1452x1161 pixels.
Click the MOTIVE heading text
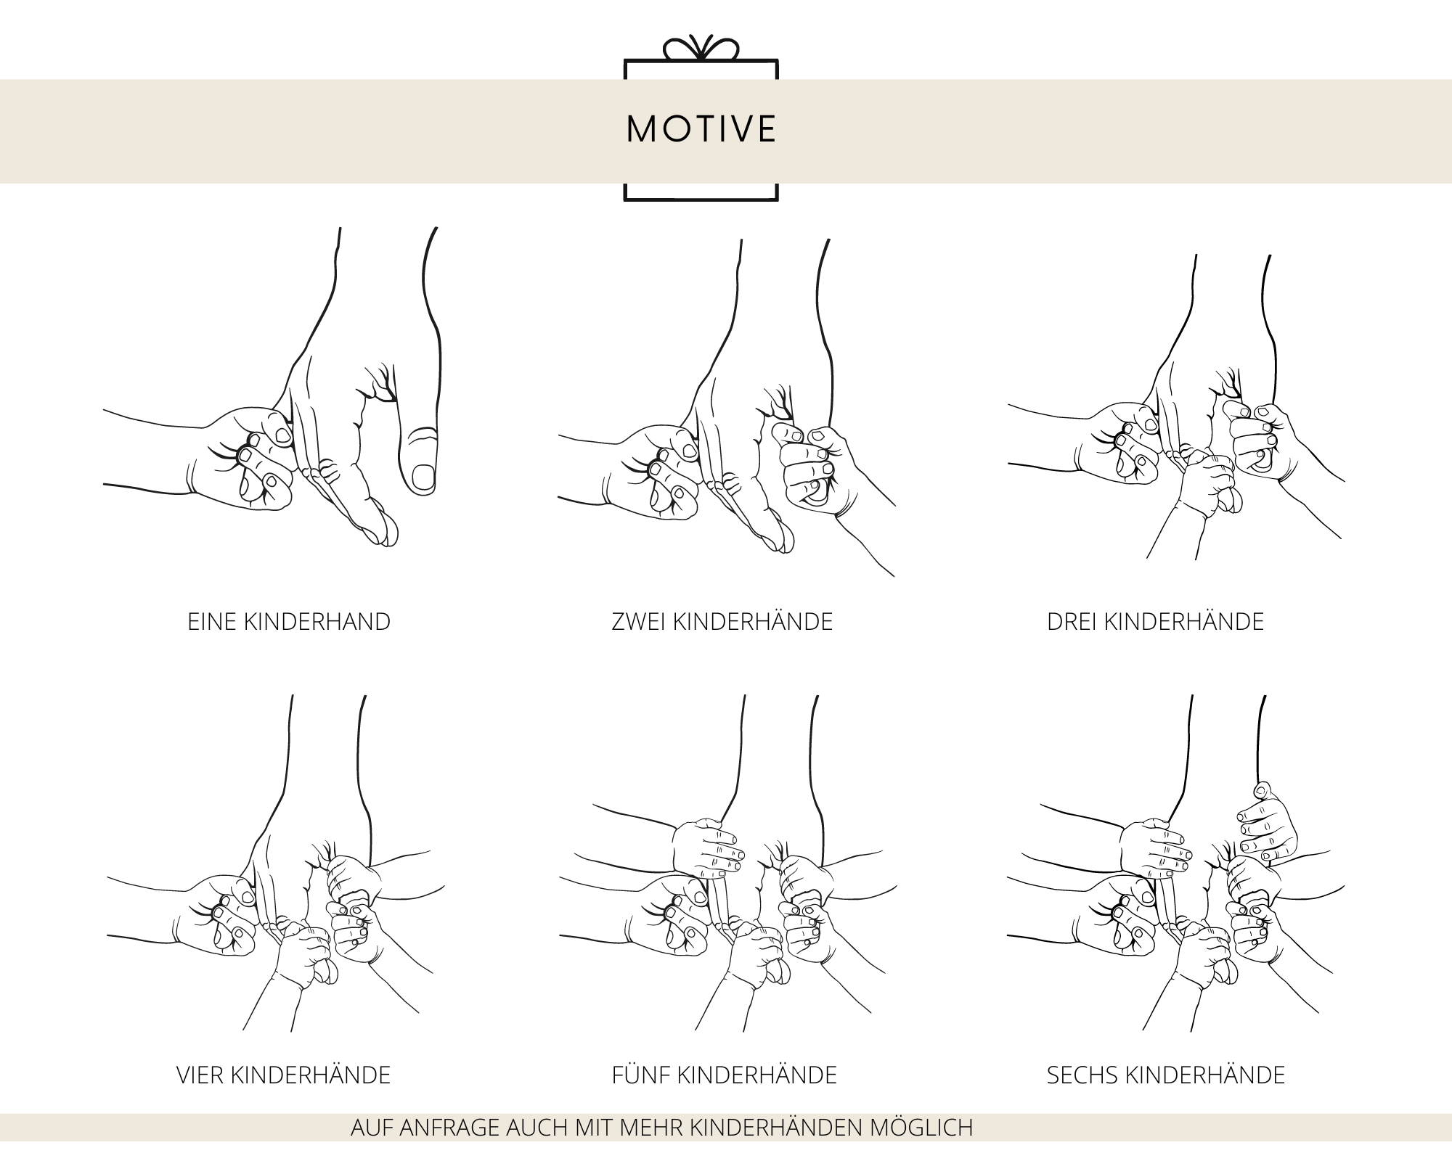[701, 129]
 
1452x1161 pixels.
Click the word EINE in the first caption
[212, 622]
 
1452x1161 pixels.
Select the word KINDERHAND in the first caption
[317, 622]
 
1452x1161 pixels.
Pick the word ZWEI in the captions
[639, 622]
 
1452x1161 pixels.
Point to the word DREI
[1072, 622]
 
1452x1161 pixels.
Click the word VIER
[200, 1075]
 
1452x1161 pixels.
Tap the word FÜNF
[641, 1075]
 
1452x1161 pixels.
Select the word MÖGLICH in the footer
[920, 1128]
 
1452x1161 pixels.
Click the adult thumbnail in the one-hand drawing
[423, 477]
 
